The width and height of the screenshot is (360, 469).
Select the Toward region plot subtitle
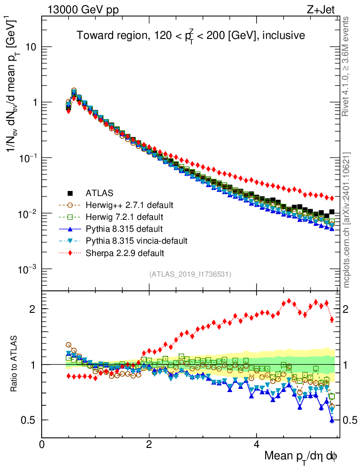pos(190,35)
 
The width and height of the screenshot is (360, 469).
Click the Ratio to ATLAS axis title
pos(14,364)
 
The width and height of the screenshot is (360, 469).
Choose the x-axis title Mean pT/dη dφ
pos(301,457)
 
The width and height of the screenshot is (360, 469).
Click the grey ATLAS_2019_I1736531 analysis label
pos(190,274)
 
